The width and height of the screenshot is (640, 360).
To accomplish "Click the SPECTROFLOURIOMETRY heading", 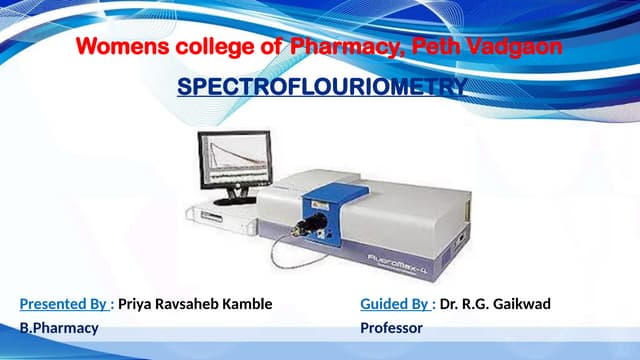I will (321, 88).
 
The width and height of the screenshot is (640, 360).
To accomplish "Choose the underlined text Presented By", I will (63, 304).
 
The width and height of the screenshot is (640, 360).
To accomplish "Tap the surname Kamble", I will (246, 304).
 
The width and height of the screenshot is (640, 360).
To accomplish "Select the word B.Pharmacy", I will (59, 328).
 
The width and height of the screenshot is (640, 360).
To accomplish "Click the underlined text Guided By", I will (395, 304).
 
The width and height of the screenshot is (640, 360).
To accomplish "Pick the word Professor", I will (391, 328).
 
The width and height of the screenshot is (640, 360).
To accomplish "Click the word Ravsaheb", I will (188, 304).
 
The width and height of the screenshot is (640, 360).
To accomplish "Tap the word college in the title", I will (206, 47).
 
